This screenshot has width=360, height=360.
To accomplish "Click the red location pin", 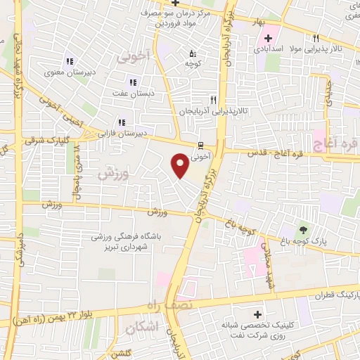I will pyautogui.click(x=180, y=165).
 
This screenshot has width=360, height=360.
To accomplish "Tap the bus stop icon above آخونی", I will pyautogui.click(x=202, y=146).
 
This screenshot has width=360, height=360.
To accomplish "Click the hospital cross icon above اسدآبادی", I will pyautogui.click(x=268, y=37).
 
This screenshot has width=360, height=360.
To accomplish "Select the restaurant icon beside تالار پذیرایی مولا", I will pyautogui.click(x=316, y=39).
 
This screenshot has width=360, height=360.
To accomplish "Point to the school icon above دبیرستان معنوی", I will pyautogui.click(x=69, y=60).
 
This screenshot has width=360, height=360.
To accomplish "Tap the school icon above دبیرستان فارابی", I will pyautogui.click(x=122, y=120).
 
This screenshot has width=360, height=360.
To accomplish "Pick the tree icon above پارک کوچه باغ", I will pyautogui.click(x=303, y=229).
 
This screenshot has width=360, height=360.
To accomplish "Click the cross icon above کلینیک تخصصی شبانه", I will pyautogui.click(x=257, y=315).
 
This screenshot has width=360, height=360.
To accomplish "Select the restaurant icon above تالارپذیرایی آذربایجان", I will pyautogui.click(x=213, y=100).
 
